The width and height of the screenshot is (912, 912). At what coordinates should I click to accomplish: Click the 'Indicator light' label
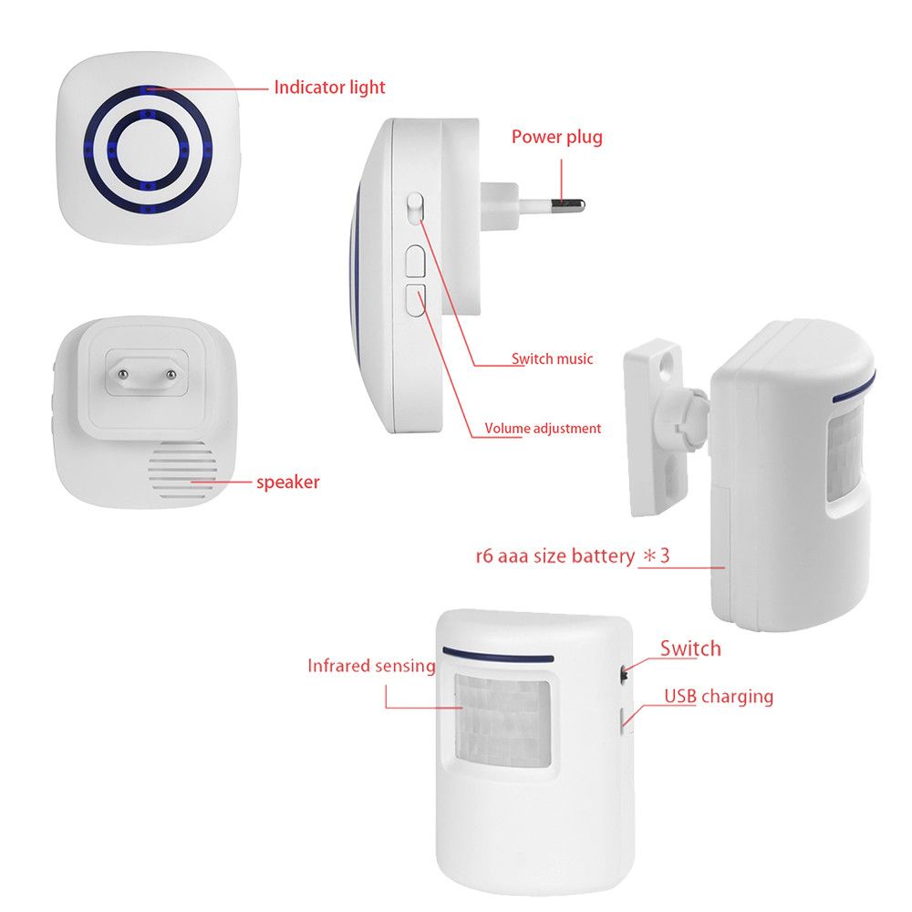pyautogui.click(x=329, y=88)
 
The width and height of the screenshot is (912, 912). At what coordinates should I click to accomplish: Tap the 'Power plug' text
pyautogui.click(x=556, y=138)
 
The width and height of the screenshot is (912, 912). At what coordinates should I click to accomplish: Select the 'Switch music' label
pyautogui.click(x=552, y=359)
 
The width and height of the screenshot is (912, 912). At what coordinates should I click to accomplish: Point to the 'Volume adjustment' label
pyautogui.click(x=543, y=428)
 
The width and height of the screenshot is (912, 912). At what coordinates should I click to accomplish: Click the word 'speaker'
pyautogui.click(x=288, y=482)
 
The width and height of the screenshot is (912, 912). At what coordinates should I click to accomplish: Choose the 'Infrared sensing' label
pyautogui.click(x=371, y=666)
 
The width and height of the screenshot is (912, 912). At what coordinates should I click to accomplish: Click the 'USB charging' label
pyautogui.click(x=719, y=697)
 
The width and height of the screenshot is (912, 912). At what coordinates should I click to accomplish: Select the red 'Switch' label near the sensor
pyautogui.click(x=690, y=648)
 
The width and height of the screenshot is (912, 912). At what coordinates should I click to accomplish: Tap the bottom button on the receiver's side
pyautogui.click(x=416, y=300)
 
